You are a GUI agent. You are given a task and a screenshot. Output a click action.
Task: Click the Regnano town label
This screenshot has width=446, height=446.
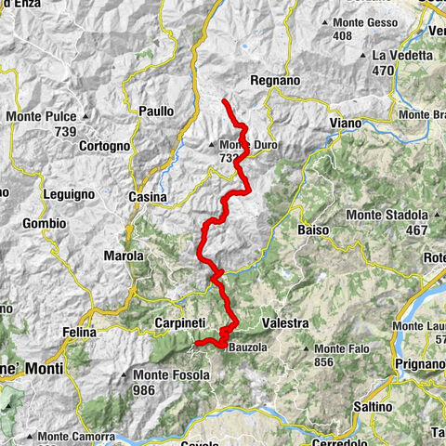pos(274,81)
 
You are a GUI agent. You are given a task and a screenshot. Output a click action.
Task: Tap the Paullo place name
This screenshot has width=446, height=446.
pos(156,111)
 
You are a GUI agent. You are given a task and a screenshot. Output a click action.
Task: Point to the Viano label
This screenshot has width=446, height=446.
pos(346,123)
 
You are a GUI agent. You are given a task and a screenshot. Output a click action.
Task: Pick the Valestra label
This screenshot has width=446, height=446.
pos(285,322)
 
